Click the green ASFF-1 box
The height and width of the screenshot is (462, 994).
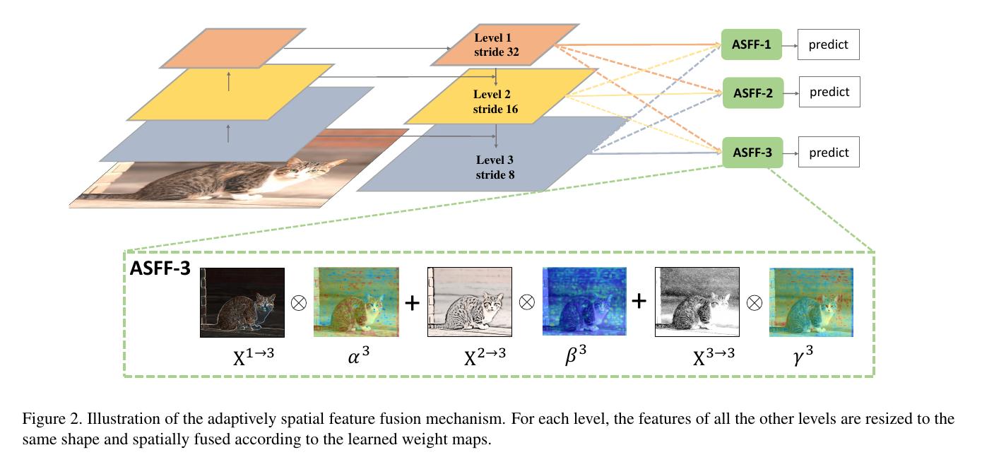coord(752,45)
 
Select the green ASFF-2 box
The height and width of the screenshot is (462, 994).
coord(752,93)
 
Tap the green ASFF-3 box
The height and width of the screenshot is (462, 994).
coord(752,153)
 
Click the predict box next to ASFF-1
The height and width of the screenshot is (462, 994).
coord(829,45)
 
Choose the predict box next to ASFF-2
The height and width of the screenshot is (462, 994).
coord(829,92)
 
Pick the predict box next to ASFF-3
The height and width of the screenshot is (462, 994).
coord(829,153)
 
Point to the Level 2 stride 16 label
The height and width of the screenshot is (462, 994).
coord(495,102)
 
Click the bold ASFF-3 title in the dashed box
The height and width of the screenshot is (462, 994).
coord(160,268)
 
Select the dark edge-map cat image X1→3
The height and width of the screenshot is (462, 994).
coord(242,302)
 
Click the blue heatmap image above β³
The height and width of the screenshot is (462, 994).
coord(584,302)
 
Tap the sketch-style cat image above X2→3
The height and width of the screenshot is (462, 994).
coord(469,302)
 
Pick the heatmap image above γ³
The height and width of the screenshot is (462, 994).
coord(811,302)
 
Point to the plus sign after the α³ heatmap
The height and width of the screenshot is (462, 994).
coord(412,302)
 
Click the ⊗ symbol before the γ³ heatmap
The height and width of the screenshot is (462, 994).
coord(755,302)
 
